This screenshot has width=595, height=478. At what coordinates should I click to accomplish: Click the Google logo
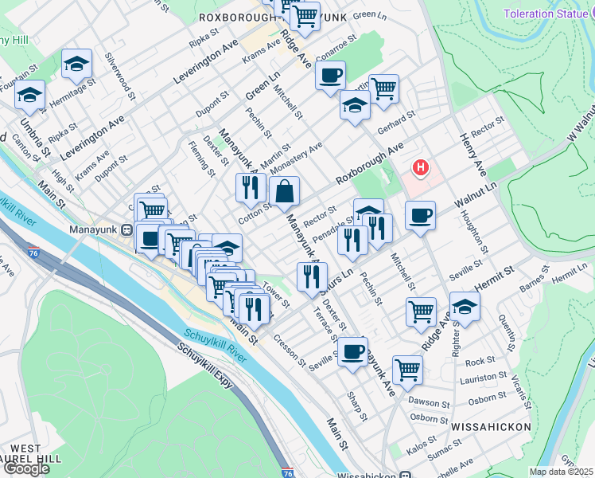click(x=26, y=468)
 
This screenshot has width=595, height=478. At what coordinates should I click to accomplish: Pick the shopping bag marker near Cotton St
click(x=284, y=191)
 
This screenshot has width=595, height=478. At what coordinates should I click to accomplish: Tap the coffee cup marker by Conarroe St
click(x=330, y=76)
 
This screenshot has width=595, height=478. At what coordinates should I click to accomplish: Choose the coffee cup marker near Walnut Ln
click(x=420, y=214)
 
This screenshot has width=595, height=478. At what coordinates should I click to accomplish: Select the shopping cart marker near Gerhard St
click(x=383, y=88)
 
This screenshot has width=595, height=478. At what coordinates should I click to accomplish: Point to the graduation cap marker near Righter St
click(x=465, y=307)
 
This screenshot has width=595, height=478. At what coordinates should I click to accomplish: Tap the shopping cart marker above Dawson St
click(x=407, y=368)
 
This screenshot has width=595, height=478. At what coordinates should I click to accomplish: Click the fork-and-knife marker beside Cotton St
click(x=251, y=188)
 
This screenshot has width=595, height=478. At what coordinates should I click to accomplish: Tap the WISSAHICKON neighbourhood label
click(x=491, y=427)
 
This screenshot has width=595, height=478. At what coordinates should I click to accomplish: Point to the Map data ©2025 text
click(x=562, y=472)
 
